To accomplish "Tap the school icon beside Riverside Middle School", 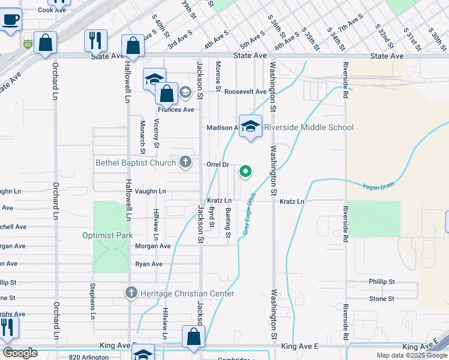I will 251,126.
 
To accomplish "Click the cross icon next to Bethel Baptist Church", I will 186,161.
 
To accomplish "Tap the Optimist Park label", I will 107,235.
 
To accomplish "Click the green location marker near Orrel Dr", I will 246,172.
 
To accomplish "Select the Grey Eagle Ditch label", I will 249,214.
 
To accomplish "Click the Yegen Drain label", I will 379,187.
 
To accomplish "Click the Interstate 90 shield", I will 28,44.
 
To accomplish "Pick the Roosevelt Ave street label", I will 245,92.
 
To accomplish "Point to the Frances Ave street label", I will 176,110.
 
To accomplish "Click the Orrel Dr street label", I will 218,164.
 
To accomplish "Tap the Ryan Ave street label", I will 149,264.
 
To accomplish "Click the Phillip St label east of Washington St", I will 382,281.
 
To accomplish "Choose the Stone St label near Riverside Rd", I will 382,298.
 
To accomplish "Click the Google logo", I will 20,353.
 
